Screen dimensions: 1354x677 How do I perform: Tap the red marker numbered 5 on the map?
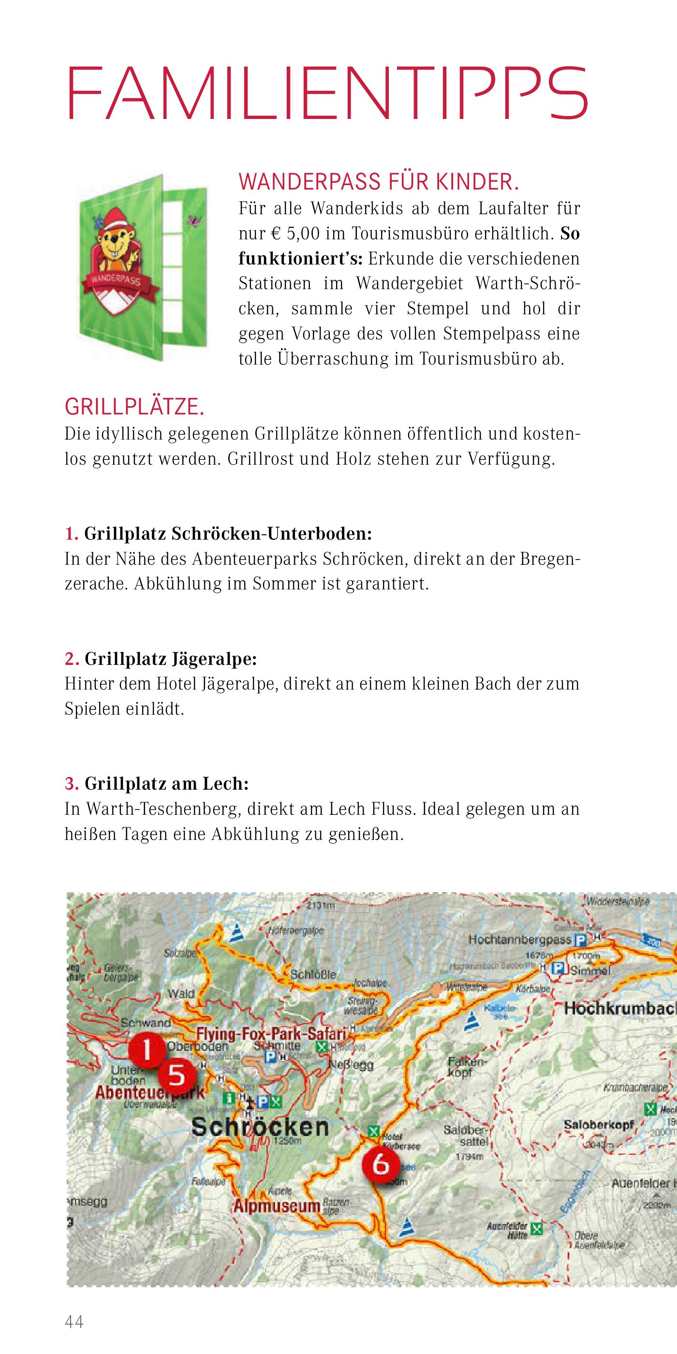[177, 1074]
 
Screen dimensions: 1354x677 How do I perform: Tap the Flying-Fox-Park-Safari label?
[271, 1034]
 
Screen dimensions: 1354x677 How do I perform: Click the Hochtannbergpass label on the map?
[519, 939]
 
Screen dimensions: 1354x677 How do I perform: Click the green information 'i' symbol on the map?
[229, 1098]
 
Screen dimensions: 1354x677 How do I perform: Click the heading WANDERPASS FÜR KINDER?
[379, 182]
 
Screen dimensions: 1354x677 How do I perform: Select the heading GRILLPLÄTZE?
[134, 407]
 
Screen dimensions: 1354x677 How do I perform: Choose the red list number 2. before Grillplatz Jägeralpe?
[72, 659]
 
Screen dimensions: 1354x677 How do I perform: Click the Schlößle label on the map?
[313, 974]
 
